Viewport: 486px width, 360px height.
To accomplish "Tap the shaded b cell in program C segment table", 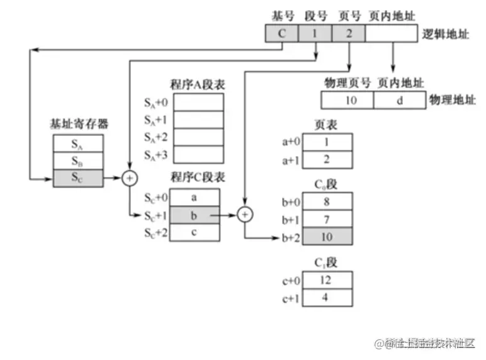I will click(x=195, y=215).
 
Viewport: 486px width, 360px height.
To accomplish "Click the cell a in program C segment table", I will click(x=195, y=197).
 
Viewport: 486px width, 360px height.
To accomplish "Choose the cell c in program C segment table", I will click(x=195, y=232).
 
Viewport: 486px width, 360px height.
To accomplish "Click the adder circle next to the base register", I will click(x=130, y=179).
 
